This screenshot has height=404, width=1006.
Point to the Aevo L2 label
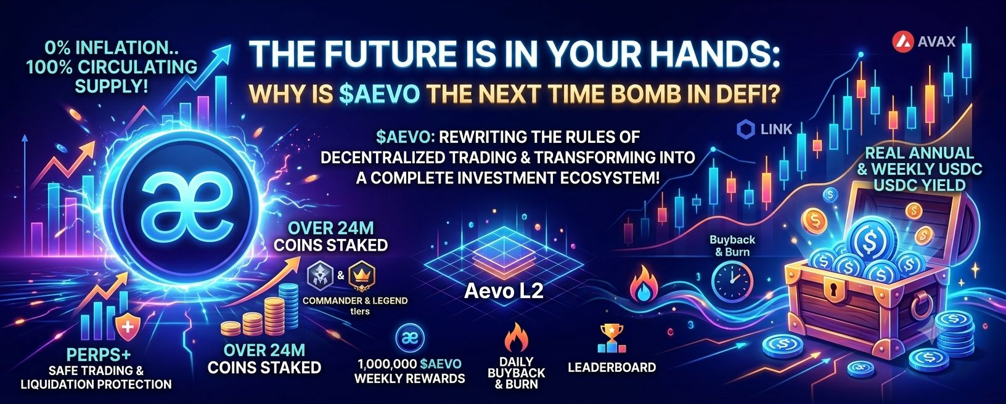point(504,291)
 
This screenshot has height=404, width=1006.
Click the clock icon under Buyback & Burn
point(732,279)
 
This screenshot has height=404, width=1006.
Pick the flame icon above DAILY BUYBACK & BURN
point(517,337)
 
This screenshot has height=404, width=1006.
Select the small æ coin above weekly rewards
point(409,339)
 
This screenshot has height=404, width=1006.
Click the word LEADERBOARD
point(611,367)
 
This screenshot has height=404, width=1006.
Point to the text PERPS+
point(99,355)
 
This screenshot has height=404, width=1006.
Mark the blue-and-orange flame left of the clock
point(645,283)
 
